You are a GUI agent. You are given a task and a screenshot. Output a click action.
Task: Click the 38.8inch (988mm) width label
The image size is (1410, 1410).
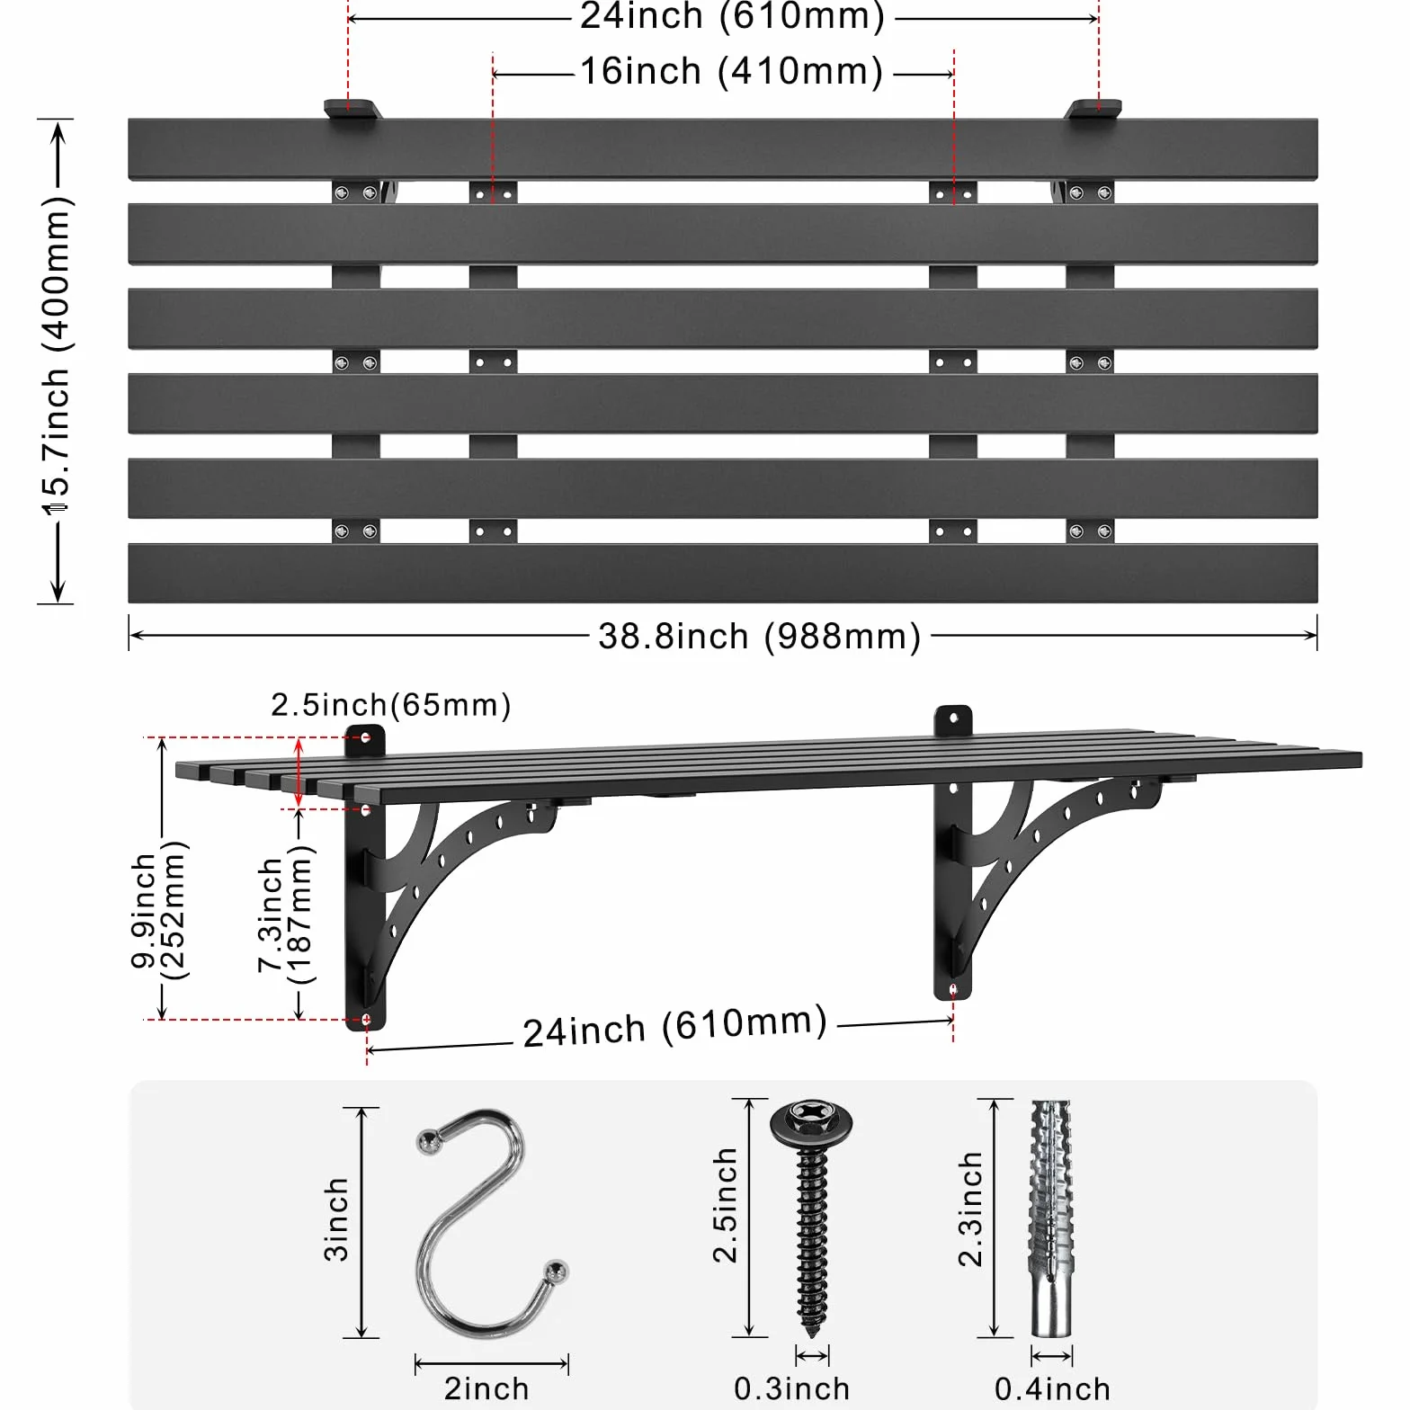(x=760, y=637)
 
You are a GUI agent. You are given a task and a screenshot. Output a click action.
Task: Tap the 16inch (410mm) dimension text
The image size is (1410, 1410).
(x=731, y=72)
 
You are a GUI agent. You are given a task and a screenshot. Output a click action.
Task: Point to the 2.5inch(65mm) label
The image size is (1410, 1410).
(x=391, y=705)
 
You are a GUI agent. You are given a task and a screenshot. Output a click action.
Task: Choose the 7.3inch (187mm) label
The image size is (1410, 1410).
(x=284, y=915)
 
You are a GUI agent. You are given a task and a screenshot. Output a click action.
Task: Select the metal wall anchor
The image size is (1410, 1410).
(x=1051, y=1218)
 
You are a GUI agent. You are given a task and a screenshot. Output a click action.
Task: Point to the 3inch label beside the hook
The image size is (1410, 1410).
(x=335, y=1219)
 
